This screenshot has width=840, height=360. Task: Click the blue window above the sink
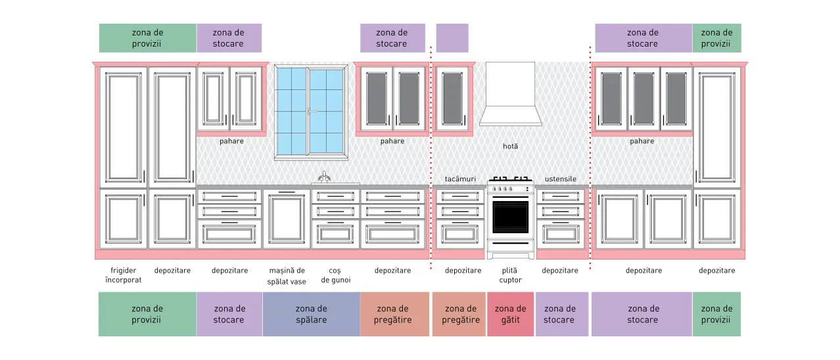(x=311, y=112)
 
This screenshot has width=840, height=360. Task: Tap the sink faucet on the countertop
(x=324, y=177)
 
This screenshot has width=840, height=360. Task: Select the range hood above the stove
(x=510, y=94)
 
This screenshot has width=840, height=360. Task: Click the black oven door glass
(x=510, y=217)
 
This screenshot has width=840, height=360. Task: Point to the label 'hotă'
(x=510, y=146)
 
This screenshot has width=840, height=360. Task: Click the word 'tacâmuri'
(x=460, y=179)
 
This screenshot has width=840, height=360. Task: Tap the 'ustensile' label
(x=560, y=179)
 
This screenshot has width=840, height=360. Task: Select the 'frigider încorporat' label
(x=124, y=275)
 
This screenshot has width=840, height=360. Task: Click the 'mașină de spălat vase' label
(x=287, y=276)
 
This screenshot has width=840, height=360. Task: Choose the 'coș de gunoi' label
(x=335, y=275)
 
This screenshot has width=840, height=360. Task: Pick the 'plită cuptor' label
(x=510, y=275)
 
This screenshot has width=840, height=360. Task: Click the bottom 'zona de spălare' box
(x=312, y=314)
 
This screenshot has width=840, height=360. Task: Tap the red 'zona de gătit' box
(x=510, y=314)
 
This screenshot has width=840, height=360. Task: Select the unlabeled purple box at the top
(x=452, y=38)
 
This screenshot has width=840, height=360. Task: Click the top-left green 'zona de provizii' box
(x=148, y=38)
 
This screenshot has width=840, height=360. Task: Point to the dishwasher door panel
(x=287, y=219)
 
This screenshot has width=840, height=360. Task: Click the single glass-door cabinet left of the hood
(x=452, y=99)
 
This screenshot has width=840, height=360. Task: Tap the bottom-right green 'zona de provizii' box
(x=716, y=314)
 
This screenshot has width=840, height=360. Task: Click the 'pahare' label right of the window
(x=392, y=141)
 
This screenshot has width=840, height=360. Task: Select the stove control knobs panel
(x=510, y=189)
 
